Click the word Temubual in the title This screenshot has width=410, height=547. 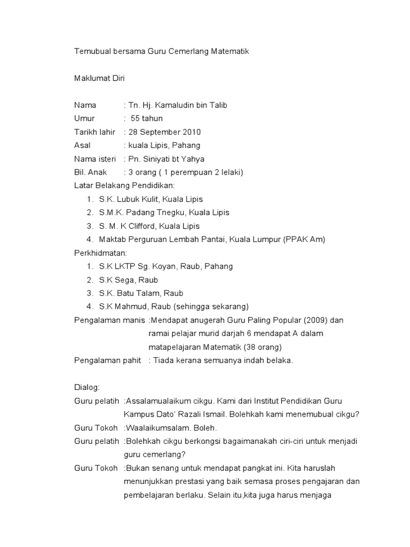pyautogui.click(x=91, y=52)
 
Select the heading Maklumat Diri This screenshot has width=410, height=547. pyautogui.click(x=99, y=79)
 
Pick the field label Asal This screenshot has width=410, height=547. pyautogui.click(x=82, y=145)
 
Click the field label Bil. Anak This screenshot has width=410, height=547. pyautogui.click(x=91, y=172)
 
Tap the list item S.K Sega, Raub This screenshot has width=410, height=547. pyautogui.click(x=129, y=280)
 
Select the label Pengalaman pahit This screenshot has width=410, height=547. pyautogui.click(x=107, y=361)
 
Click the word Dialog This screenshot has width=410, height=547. pyautogui.click(x=85, y=387)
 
